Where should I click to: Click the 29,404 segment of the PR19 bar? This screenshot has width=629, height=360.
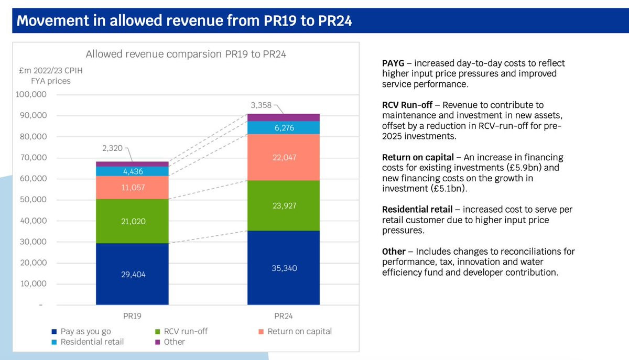click(132, 274)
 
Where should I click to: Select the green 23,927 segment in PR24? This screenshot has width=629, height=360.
click(284, 205)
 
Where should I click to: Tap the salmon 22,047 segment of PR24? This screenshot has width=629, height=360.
click(284, 157)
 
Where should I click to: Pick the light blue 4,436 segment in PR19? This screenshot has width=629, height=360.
click(132, 171)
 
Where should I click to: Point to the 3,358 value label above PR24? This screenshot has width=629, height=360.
click(262, 105)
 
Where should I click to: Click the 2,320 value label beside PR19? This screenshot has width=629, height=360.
click(112, 148)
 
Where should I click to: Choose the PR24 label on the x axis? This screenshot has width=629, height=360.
click(284, 316)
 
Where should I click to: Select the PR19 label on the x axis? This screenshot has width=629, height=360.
click(132, 316)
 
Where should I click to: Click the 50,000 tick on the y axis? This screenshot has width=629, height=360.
click(35, 200)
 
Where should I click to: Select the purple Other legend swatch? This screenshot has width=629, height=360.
click(156, 342)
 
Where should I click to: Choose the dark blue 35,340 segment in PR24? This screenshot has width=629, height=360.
click(284, 268)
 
